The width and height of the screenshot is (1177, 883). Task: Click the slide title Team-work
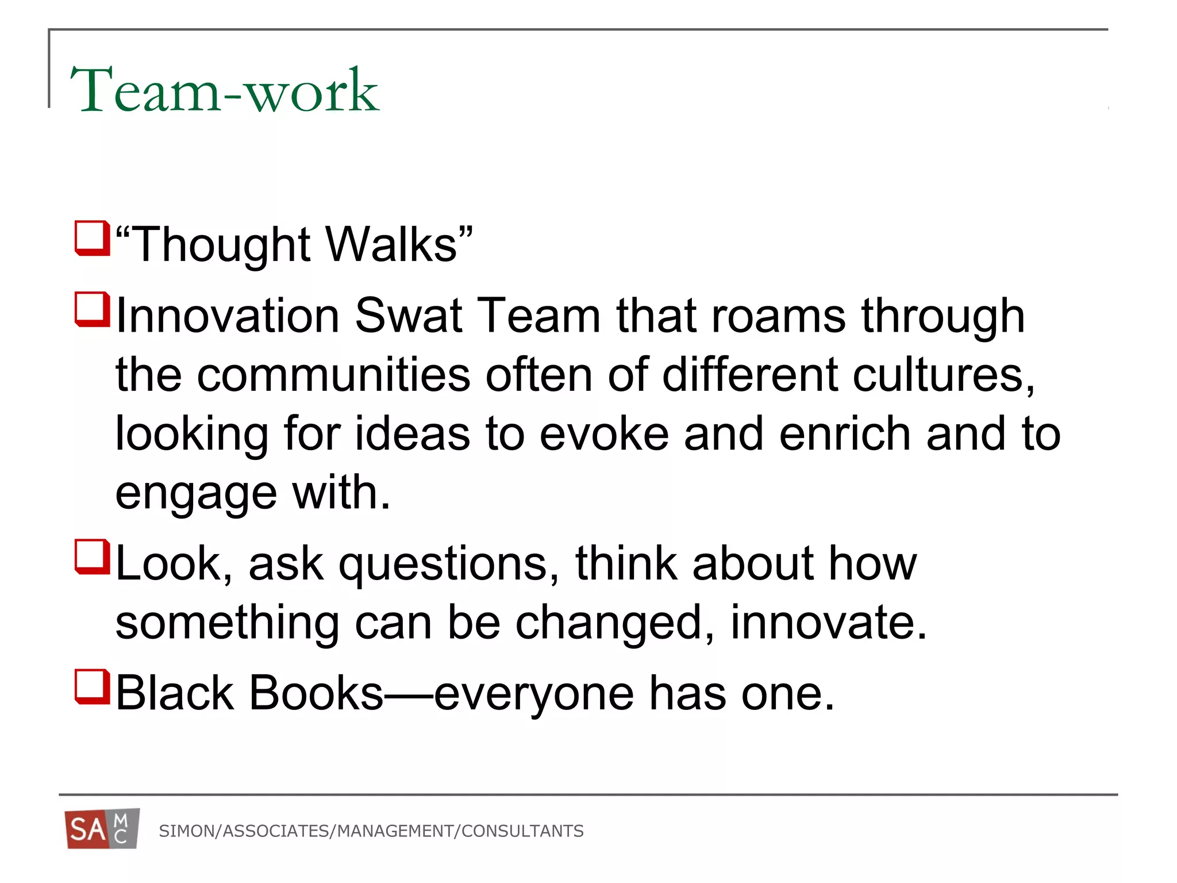[224, 91]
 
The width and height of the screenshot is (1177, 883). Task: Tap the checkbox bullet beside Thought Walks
[92, 238]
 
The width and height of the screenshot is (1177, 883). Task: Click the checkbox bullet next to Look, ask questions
[92, 556]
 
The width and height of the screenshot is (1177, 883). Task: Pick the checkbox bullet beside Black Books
[92, 686]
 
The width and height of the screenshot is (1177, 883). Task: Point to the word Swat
[409, 316]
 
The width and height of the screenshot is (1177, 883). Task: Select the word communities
[334, 375]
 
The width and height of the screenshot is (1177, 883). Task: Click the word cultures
[943, 375]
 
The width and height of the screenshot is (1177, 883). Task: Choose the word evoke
[604, 434]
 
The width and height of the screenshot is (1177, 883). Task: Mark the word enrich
[845, 434]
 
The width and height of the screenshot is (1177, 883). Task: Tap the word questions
[448, 565]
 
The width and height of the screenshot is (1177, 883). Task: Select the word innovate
[828, 623]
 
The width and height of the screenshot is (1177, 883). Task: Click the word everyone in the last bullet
[534, 694]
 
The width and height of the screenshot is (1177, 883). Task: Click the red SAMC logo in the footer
[102, 830]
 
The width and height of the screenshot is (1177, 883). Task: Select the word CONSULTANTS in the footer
[522, 831]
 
